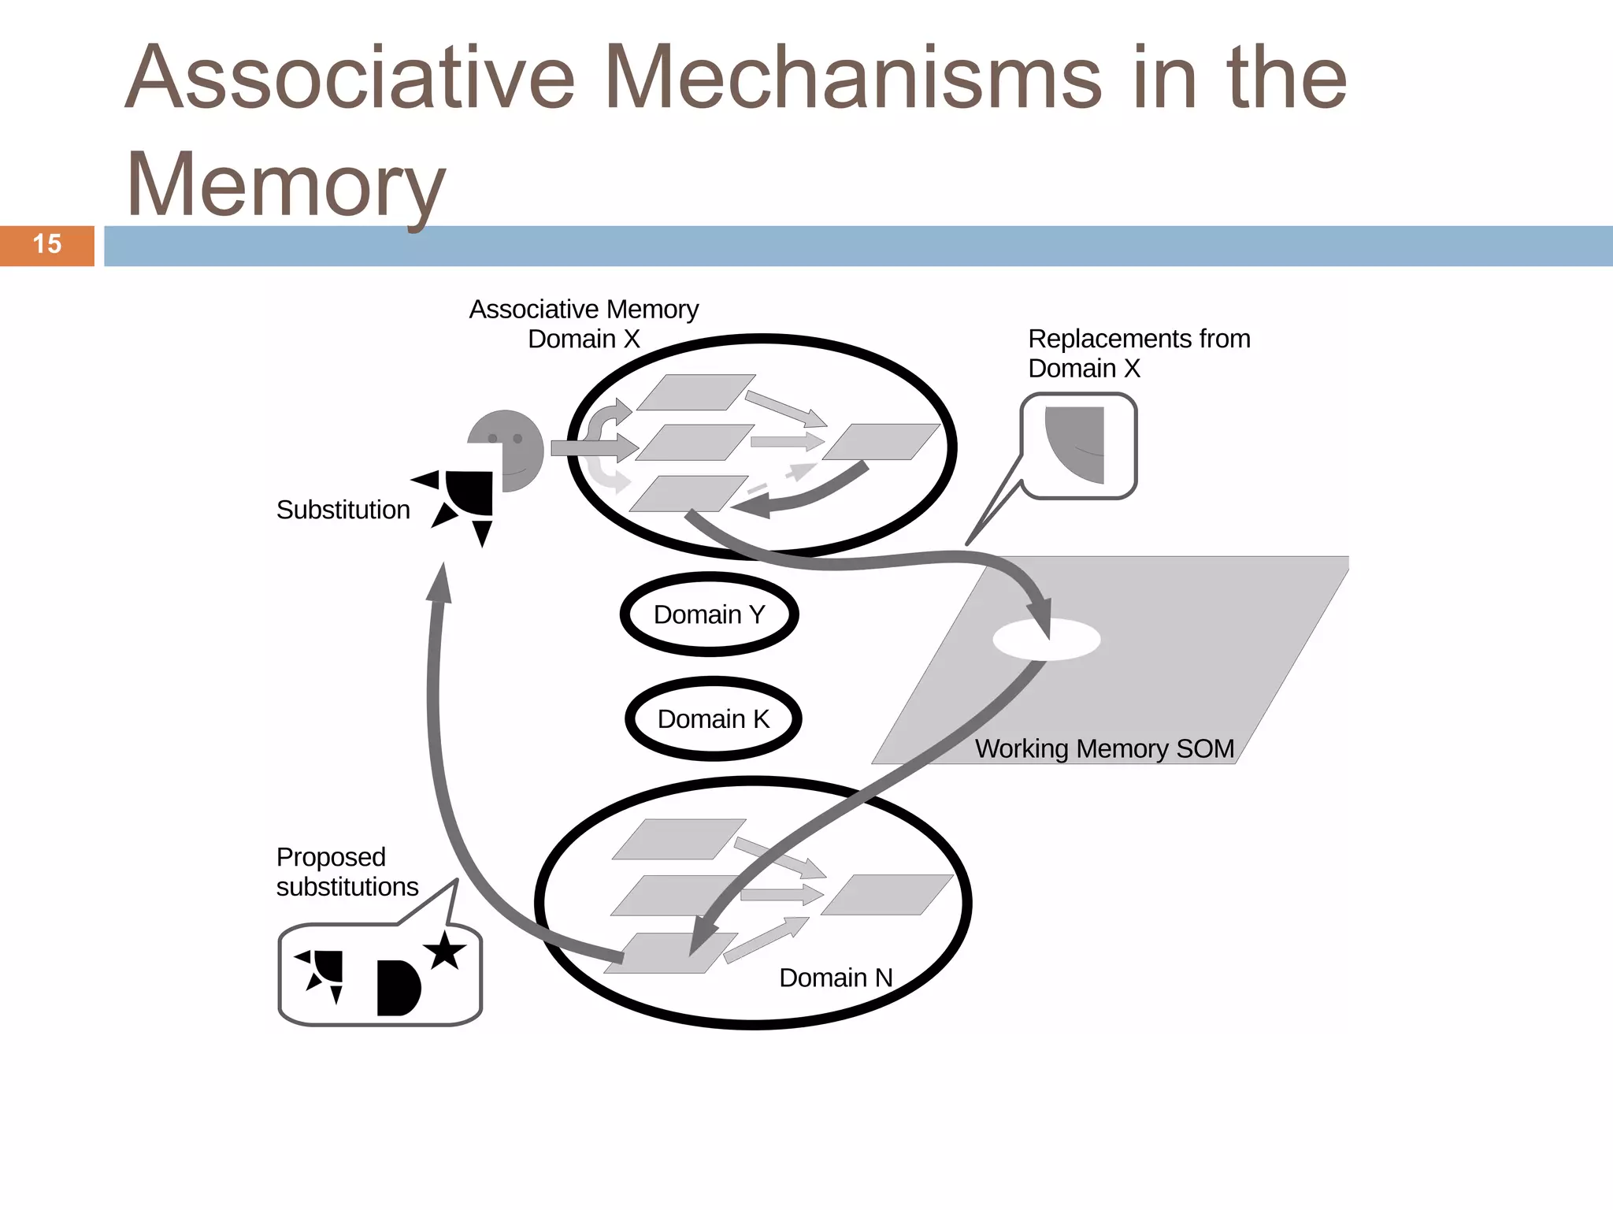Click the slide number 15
[47, 245]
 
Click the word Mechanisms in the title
[851, 79]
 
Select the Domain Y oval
[709, 614]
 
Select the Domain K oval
[713, 719]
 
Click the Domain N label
[836, 978]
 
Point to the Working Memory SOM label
[1104, 748]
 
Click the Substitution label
[343, 510]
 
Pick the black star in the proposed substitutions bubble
[445, 951]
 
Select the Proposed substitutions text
[347, 872]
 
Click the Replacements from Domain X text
[1138, 353]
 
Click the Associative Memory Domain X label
[584, 324]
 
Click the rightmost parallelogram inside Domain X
[881, 442]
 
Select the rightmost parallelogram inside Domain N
[887, 895]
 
